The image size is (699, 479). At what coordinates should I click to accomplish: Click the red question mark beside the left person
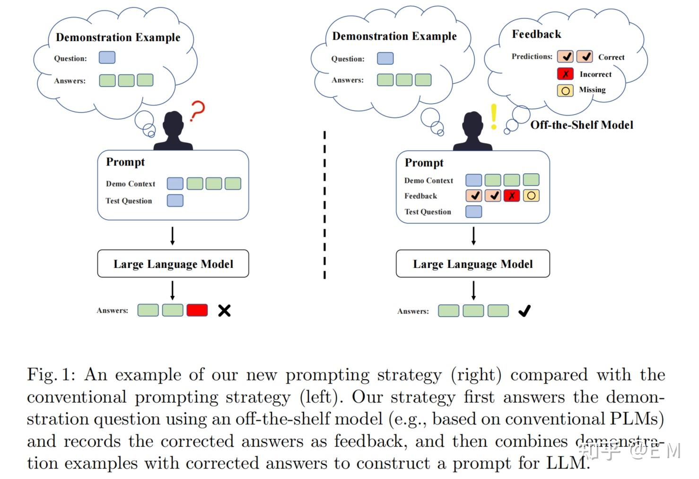[197, 112]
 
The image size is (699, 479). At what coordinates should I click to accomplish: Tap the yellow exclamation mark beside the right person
[494, 116]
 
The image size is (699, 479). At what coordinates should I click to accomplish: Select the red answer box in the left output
[197, 310]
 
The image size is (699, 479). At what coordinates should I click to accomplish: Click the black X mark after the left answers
[224, 310]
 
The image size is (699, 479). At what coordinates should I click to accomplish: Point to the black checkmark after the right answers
[524, 310]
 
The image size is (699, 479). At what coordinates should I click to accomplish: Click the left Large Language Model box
[173, 264]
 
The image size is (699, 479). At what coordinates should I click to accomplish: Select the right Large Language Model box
[472, 264]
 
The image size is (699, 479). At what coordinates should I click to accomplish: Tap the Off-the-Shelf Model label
[581, 125]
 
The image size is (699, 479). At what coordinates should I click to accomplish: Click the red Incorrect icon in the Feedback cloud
[565, 74]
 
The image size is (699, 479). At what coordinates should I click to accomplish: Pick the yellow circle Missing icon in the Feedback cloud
[565, 90]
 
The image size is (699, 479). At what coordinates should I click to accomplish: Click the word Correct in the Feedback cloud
[611, 57]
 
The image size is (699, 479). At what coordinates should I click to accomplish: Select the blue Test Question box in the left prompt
[175, 200]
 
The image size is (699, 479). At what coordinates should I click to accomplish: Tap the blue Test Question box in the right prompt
[473, 212]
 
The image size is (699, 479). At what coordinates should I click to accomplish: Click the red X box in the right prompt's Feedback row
[511, 195]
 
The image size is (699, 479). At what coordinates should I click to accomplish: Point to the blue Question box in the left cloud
[107, 58]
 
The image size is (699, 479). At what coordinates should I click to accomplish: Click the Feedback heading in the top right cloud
[536, 34]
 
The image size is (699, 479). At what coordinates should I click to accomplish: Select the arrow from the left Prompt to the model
[173, 235]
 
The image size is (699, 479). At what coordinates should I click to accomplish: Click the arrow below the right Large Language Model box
[473, 290]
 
